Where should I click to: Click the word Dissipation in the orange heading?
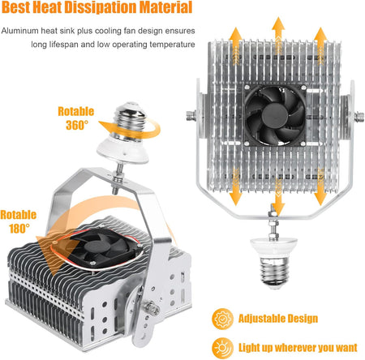click(x=100, y=7)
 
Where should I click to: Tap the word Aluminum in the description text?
click(x=19, y=31)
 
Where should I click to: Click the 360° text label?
click(x=77, y=125)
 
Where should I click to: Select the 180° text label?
click(x=19, y=229)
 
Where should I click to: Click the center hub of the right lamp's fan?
click(x=275, y=116)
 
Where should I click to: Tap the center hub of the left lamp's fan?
click(x=97, y=246)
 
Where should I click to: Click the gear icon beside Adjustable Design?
click(x=222, y=319)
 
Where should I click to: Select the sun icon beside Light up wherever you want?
click(x=222, y=348)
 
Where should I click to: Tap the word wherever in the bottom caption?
click(x=294, y=348)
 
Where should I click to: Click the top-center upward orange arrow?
click(x=278, y=34)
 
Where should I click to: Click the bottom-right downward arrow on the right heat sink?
click(x=320, y=187)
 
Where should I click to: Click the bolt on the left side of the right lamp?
click(x=191, y=116)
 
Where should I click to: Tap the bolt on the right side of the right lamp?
click(x=359, y=117)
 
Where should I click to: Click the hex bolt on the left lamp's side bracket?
click(x=152, y=308)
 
